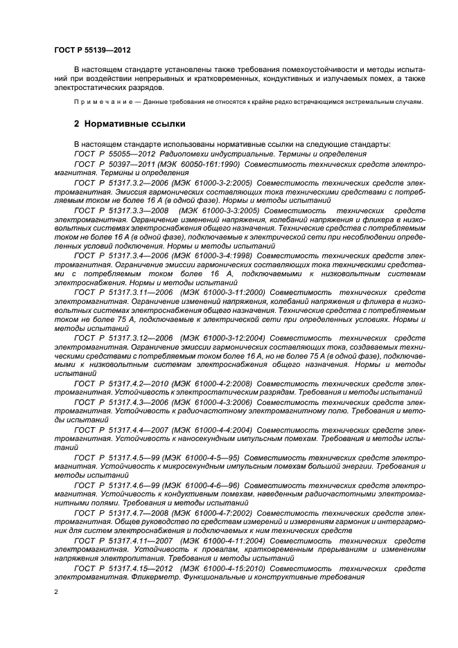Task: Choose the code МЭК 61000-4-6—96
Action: tap(206, 487)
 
